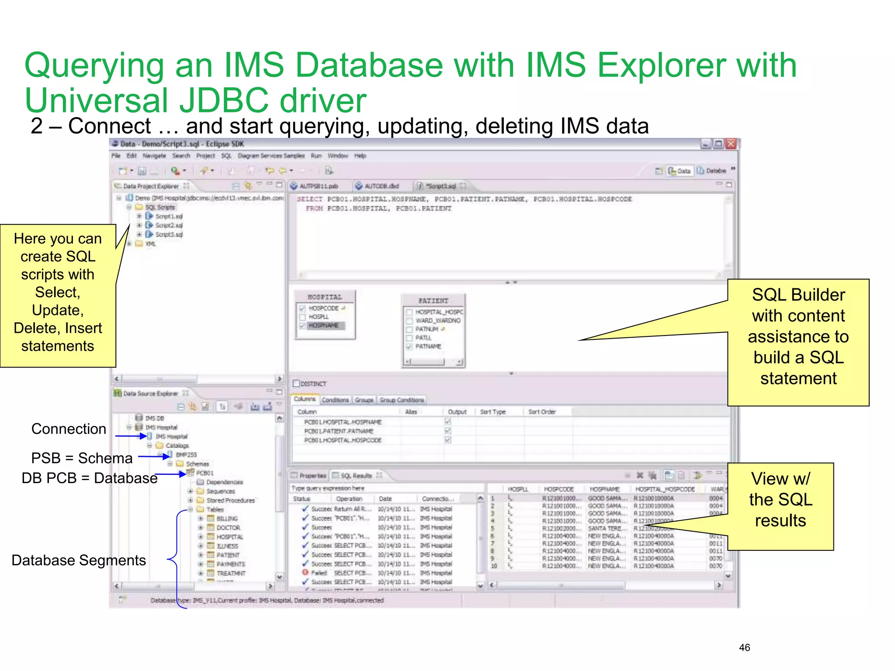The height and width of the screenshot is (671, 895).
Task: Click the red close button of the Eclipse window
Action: pyautogui.click(x=731, y=144)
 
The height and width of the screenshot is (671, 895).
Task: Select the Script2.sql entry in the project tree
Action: pyautogui.click(x=169, y=225)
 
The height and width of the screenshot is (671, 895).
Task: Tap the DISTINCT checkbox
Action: pyautogui.click(x=297, y=384)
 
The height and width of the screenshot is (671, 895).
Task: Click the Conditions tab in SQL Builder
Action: pyautogui.click(x=335, y=400)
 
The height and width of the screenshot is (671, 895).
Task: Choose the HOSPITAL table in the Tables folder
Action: pyautogui.click(x=229, y=537)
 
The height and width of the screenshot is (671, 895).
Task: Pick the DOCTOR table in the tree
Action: pyautogui.click(x=228, y=528)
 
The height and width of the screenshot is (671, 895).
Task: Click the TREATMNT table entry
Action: pyautogui.click(x=231, y=573)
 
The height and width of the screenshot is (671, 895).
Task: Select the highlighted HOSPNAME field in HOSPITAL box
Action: pyautogui.click(x=323, y=325)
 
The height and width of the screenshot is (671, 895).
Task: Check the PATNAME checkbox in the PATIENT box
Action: pyautogui.click(x=409, y=346)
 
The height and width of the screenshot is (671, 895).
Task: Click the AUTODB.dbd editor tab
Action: pyautogui.click(x=381, y=186)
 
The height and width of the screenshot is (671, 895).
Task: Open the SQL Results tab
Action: pyautogui.click(x=356, y=475)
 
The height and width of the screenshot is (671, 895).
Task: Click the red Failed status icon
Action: pyautogui.click(x=305, y=572)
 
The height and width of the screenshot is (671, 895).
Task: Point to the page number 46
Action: pyautogui.click(x=744, y=647)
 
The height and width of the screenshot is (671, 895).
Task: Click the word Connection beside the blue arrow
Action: pyautogui.click(x=69, y=429)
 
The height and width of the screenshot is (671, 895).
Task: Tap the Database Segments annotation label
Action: pyautogui.click(x=79, y=560)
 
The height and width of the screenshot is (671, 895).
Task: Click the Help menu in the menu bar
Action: pyautogui.click(x=360, y=156)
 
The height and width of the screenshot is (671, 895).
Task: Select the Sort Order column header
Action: pyautogui.click(x=542, y=412)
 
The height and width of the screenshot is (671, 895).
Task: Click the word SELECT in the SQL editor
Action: pyautogui.click(x=309, y=199)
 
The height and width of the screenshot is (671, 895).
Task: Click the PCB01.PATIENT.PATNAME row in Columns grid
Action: pyautogui.click(x=339, y=431)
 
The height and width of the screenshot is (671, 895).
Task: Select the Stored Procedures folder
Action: pyautogui.click(x=230, y=501)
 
